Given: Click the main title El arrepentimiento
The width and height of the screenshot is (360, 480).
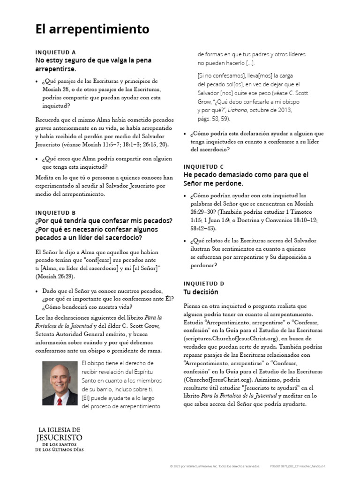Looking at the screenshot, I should tap(92, 30).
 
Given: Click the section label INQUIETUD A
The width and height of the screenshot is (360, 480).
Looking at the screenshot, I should tap(55, 52).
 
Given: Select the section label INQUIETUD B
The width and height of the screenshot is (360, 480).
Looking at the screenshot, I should tap(55, 212).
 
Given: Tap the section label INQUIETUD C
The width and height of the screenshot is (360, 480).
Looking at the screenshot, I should tap(203, 166).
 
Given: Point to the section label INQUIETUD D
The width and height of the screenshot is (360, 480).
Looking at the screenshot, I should tap(204, 284).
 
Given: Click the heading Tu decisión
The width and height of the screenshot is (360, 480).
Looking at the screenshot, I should tap(201, 292).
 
